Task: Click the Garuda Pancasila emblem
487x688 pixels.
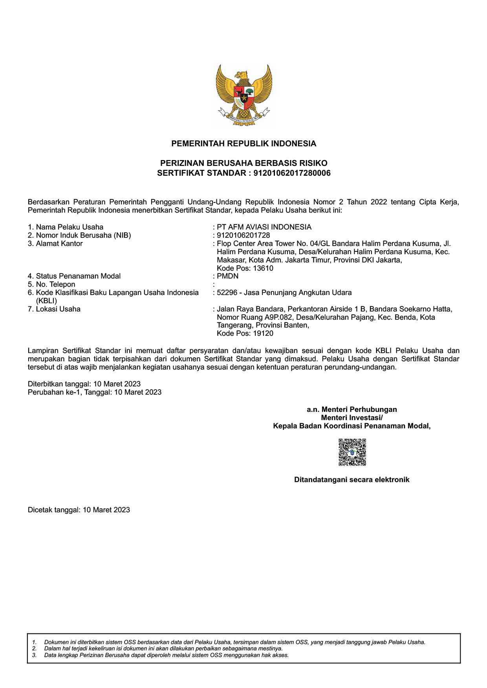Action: [x=243, y=95]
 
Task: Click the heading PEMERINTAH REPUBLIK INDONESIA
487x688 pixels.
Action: [x=243, y=144]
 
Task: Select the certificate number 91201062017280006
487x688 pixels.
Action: [x=292, y=173]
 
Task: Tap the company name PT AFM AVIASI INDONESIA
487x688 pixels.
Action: [x=264, y=227]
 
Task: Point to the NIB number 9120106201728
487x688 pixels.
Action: [x=243, y=235]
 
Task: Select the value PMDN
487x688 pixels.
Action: [x=227, y=276]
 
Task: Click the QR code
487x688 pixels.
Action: [x=352, y=452]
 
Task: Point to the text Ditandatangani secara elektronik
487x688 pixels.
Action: [x=352, y=480]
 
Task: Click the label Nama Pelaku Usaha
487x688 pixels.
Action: [x=70, y=227]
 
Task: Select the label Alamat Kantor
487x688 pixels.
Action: [x=59, y=244]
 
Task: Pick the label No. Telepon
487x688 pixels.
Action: [x=55, y=284]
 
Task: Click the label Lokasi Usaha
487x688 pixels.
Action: [x=58, y=309]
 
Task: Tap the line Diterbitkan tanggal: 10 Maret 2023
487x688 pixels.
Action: [x=84, y=384]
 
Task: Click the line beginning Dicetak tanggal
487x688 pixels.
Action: [x=79, y=510]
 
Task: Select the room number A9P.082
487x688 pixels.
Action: [x=278, y=317]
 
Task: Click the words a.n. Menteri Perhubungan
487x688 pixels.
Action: [x=352, y=410]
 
